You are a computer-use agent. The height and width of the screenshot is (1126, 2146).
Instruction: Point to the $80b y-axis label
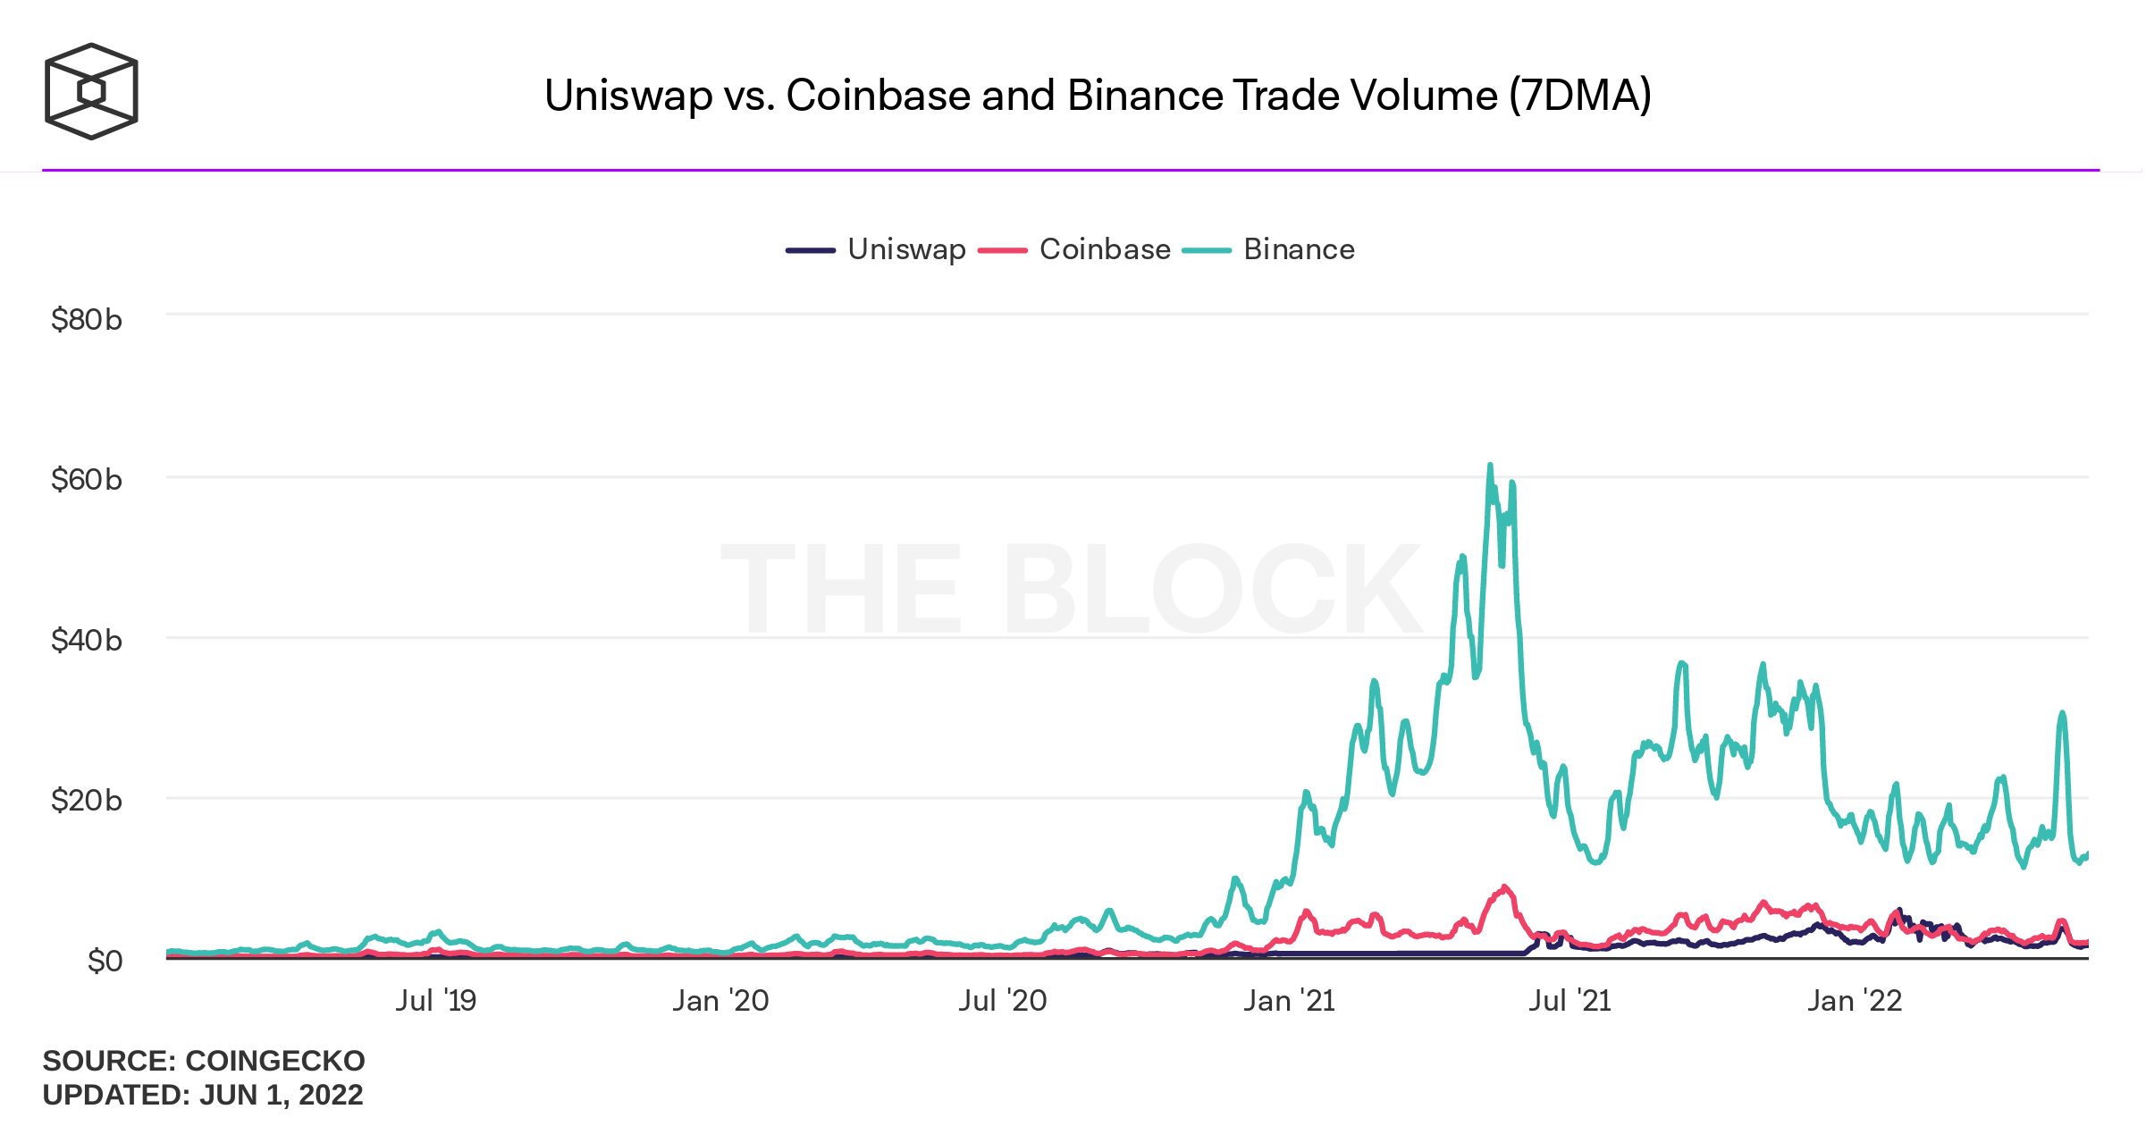tap(86, 319)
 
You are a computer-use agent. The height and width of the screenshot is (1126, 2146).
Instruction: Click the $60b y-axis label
tap(86, 480)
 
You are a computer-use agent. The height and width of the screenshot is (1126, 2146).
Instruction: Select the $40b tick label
tap(86, 640)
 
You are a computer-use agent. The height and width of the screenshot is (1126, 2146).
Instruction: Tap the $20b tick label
tap(86, 800)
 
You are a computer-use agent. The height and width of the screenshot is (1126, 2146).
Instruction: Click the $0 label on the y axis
tap(105, 961)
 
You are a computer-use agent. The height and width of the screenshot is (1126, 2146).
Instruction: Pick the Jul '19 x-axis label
tap(436, 1000)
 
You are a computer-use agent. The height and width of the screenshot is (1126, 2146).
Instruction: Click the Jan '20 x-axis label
tap(720, 1000)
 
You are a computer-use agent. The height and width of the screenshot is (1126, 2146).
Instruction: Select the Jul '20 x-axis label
tap(1003, 1000)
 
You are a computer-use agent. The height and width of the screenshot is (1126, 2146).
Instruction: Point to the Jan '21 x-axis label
tap(1289, 1000)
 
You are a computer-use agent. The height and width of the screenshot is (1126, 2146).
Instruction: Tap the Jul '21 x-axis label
tap(1570, 1000)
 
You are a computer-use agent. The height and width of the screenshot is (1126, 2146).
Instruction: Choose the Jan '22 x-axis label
tap(1855, 1000)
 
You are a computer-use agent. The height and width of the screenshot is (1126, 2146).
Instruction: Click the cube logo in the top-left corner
tap(91, 91)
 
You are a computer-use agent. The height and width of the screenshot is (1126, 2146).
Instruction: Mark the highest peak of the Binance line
tap(1490, 466)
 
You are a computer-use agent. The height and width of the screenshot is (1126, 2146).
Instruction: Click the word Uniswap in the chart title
tap(627, 96)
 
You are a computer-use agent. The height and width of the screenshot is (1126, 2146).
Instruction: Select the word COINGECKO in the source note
tap(274, 1061)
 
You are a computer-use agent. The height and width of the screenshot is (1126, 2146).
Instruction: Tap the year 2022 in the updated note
tap(331, 1095)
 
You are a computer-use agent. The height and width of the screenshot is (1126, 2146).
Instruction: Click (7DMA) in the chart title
tap(1579, 96)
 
